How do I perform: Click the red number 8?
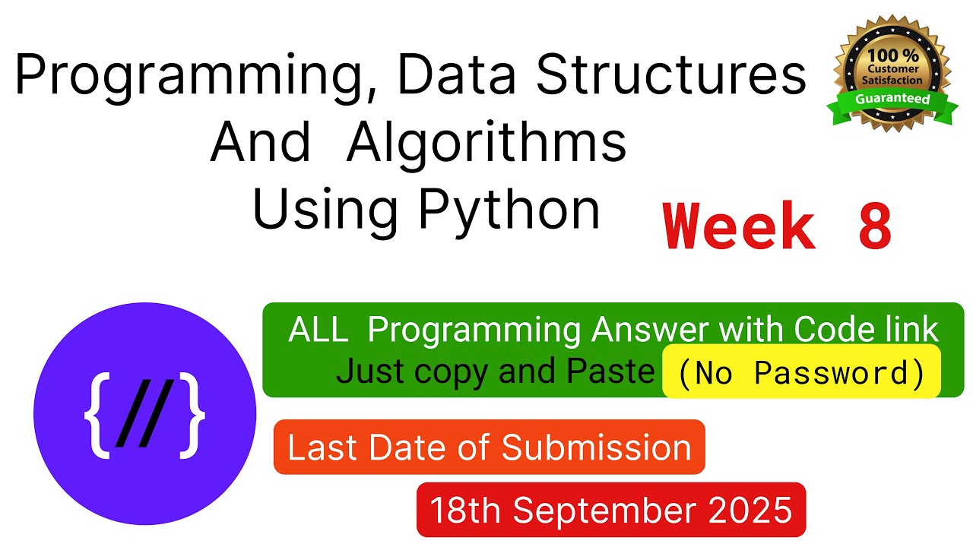875,226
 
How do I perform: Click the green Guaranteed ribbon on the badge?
892,100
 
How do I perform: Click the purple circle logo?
144,413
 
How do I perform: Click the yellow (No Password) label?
801,372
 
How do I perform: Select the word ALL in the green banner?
319,330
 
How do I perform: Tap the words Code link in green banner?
866,330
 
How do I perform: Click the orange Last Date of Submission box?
489,447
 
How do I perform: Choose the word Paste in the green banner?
616,372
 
